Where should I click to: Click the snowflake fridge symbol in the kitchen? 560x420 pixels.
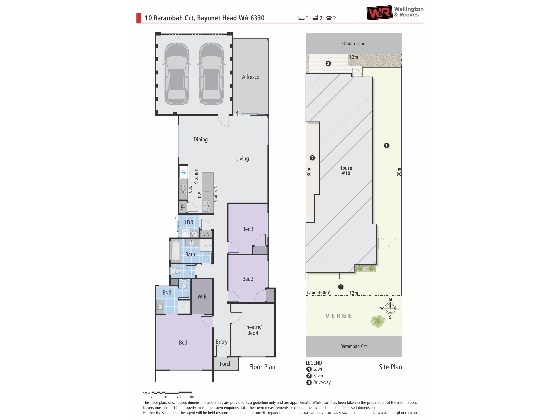pos(184,172)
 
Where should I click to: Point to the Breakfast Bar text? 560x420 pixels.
pos(216,193)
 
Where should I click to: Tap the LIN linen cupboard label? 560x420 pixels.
pos(206,234)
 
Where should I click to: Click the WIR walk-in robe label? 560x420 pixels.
pos(202,296)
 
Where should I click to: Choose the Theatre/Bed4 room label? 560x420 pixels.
pos(253,330)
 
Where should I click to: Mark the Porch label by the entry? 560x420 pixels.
pos(226,364)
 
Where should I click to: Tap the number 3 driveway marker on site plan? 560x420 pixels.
pos(328,63)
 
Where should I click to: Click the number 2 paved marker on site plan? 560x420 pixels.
pos(312,158)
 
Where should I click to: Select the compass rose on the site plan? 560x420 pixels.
pos(390,308)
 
